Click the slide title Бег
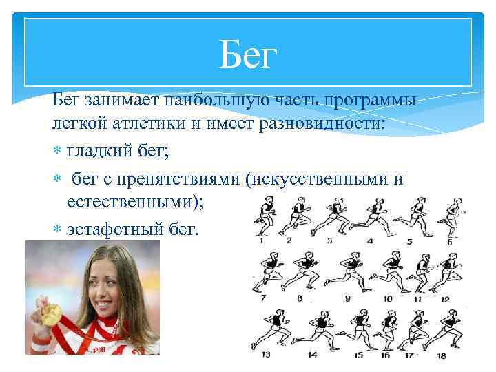(247, 55)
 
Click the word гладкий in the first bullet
(99, 152)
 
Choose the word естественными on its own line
(135, 203)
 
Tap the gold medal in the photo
(50, 315)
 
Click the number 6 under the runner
(449, 242)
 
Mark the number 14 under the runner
(312, 355)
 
